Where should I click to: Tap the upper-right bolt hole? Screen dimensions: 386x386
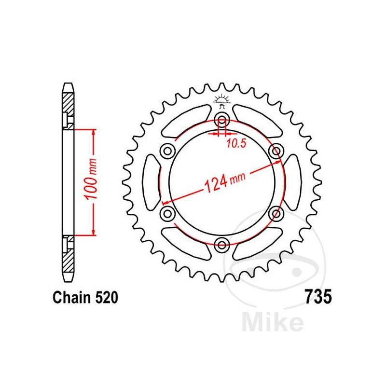(276, 151)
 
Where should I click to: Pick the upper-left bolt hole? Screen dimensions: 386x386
(168, 151)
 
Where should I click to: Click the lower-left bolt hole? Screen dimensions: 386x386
(168, 212)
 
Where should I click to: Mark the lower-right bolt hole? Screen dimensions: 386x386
(276, 212)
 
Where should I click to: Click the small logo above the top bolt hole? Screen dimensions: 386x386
(222, 99)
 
